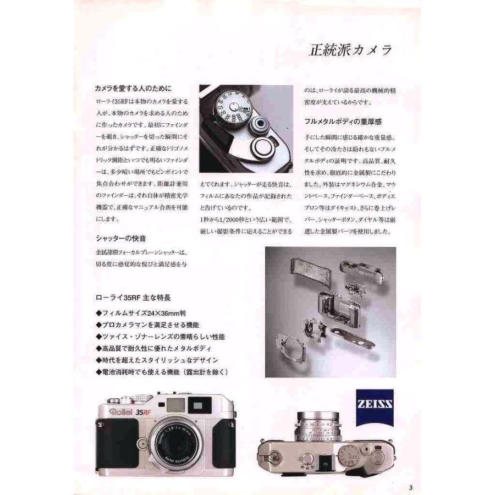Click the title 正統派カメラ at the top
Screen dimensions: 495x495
coord(350,50)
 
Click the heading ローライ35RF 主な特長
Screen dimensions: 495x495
coord(134,299)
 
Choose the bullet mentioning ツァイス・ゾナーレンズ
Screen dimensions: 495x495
coord(159,337)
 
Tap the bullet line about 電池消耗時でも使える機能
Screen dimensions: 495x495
coord(161,372)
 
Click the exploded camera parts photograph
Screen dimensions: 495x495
coord(330,312)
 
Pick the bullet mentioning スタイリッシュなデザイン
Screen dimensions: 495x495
coord(157,360)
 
